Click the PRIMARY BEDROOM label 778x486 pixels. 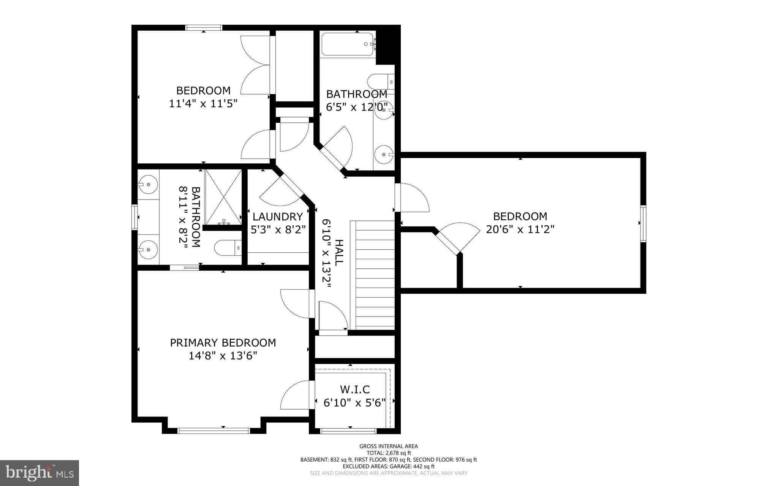tap(223, 343)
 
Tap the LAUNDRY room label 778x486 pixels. tap(278, 217)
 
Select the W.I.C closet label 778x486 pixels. tap(354, 389)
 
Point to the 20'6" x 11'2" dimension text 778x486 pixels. tap(520, 229)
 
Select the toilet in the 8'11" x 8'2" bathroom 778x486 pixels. tap(228, 248)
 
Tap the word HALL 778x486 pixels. tap(338, 252)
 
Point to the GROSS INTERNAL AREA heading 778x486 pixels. tap(389, 446)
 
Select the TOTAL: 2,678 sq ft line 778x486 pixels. tap(389, 453)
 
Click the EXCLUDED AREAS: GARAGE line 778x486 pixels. tap(389, 466)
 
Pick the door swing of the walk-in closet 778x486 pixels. tap(295, 395)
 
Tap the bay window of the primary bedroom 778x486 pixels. tap(213, 431)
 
